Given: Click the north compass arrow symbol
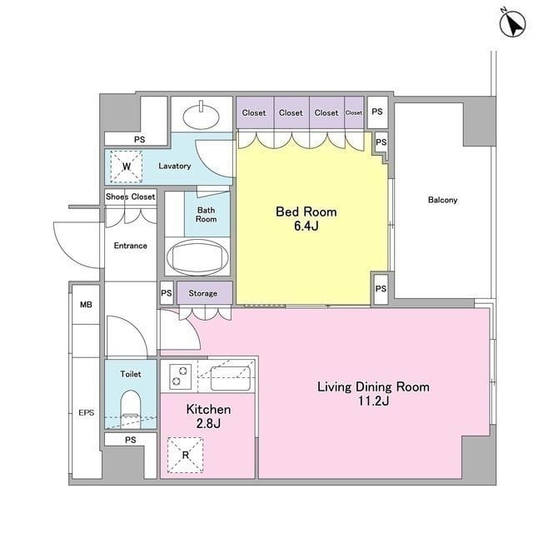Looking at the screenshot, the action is [512, 23].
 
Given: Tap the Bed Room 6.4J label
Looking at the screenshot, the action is [306, 218].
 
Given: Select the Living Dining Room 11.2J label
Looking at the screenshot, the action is [373, 394].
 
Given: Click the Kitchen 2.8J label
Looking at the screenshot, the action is [208, 416].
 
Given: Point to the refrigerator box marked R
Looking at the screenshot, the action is [185, 455].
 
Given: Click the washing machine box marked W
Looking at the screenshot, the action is [126, 167].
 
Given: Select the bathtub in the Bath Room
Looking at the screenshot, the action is [197, 257].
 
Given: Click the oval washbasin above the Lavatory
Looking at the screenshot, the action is [201, 116].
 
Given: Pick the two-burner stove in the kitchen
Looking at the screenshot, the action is [180, 376].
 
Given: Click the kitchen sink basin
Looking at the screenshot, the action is [231, 378].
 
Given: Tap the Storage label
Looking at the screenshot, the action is [203, 293].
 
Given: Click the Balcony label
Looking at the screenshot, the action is [442, 200].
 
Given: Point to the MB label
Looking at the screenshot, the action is [86, 305].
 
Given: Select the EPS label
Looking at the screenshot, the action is [87, 413].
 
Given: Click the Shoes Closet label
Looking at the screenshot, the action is [131, 197].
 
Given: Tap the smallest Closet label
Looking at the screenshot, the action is [354, 112].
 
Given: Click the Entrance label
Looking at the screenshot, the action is [131, 246].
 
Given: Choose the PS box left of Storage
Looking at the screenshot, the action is [167, 292].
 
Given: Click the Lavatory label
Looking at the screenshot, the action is [175, 166].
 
